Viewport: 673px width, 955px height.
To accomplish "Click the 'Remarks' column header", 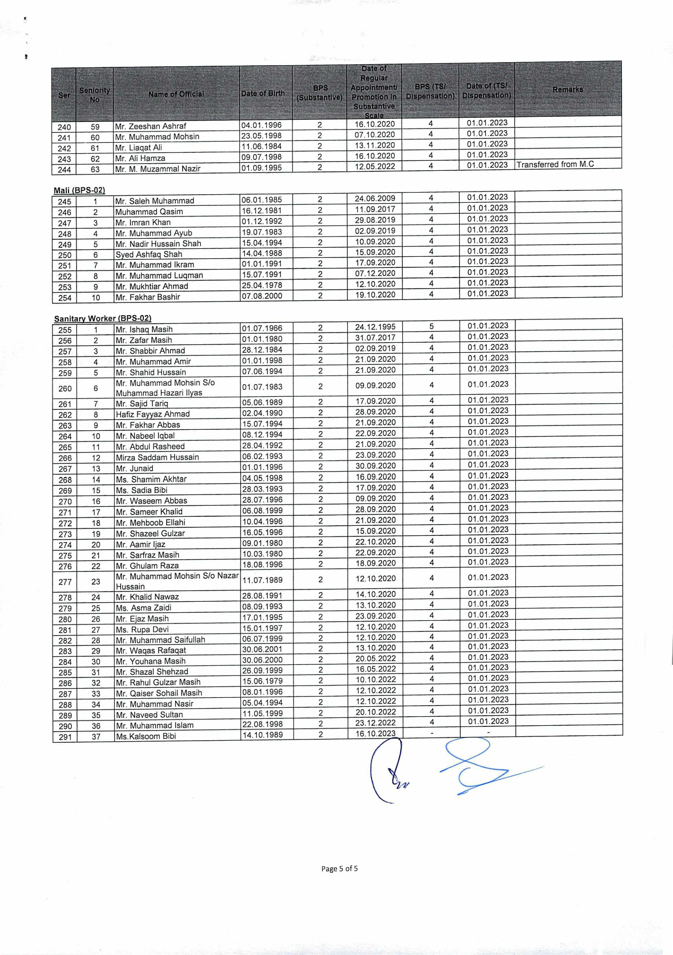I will click(567, 90).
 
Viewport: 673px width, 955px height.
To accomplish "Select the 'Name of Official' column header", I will click(176, 94).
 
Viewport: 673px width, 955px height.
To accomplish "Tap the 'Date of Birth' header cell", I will click(263, 93).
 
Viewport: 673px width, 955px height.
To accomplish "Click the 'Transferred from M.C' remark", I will click(555, 164).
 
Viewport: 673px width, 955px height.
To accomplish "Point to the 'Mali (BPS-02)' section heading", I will click(79, 190).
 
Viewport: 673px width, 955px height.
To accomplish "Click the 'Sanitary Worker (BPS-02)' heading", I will click(102, 318).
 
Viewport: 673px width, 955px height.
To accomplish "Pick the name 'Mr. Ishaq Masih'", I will click(144, 329).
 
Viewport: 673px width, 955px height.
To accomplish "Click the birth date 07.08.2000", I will click(262, 296).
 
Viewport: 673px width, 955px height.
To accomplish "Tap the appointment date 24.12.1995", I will click(375, 327).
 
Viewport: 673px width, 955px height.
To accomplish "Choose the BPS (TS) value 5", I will click(432, 326).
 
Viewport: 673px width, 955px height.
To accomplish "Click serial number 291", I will click(65, 737).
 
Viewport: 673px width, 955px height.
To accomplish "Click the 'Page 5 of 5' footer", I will click(339, 869).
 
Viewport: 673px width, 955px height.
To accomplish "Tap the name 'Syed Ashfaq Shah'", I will click(149, 254).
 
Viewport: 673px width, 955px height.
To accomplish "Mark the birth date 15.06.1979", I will click(262, 681).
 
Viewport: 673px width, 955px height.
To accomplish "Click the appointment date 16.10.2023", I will click(375, 734).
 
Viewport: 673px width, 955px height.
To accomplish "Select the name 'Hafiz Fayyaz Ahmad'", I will click(152, 414).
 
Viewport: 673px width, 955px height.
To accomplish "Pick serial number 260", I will click(65, 388).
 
